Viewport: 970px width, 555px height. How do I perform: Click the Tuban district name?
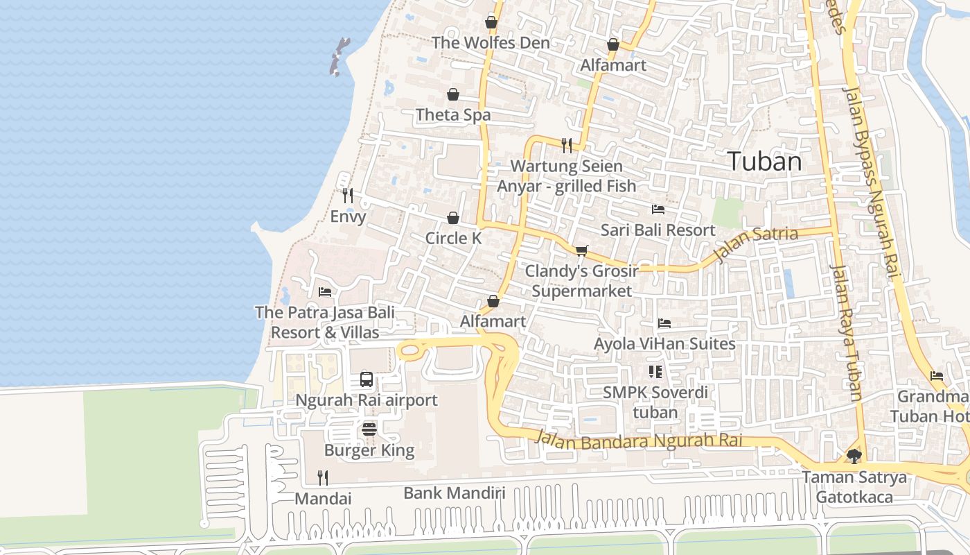pyautogui.click(x=765, y=162)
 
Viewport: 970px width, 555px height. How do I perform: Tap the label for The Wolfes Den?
pyautogui.click(x=491, y=42)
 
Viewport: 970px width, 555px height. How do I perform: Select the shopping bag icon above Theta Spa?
pyautogui.click(x=453, y=94)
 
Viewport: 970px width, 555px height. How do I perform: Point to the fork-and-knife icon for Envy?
pyautogui.click(x=348, y=196)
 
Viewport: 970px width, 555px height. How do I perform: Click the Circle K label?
pyautogui.click(x=453, y=238)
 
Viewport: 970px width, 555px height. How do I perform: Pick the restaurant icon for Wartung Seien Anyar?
pyautogui.click(x=567, y=145)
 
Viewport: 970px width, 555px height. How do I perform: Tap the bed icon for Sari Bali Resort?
pyautogui.click(x=658, y=209)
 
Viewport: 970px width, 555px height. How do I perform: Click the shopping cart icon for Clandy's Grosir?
pyautogui.click(x=581, y=250)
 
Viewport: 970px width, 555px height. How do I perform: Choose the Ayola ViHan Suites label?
pyautogui.click(x=664, y=343)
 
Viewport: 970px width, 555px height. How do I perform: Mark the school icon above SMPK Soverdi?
pyautogui.click(x=655, y=372)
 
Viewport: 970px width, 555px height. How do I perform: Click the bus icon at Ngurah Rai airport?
pyautogui.click(x=367, y=379)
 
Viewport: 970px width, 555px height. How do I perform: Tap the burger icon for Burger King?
pyautogui.click(x=369, y=429)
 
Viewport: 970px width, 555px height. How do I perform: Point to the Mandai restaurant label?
pyautogui.click(x=323, y=499)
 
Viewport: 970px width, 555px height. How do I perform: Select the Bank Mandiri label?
pyautogui.click(x=454, y=493)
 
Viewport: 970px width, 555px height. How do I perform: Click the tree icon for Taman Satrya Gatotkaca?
pyautogui.click(x=854, y=456)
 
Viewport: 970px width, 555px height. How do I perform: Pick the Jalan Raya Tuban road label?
pyautogui.click(x=847, y=333)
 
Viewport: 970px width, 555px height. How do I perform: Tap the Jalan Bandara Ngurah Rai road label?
pyautogui.click(x=638, y=440)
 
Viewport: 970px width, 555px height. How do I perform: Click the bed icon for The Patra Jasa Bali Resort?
pyautogui.click(x=324, y=292)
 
